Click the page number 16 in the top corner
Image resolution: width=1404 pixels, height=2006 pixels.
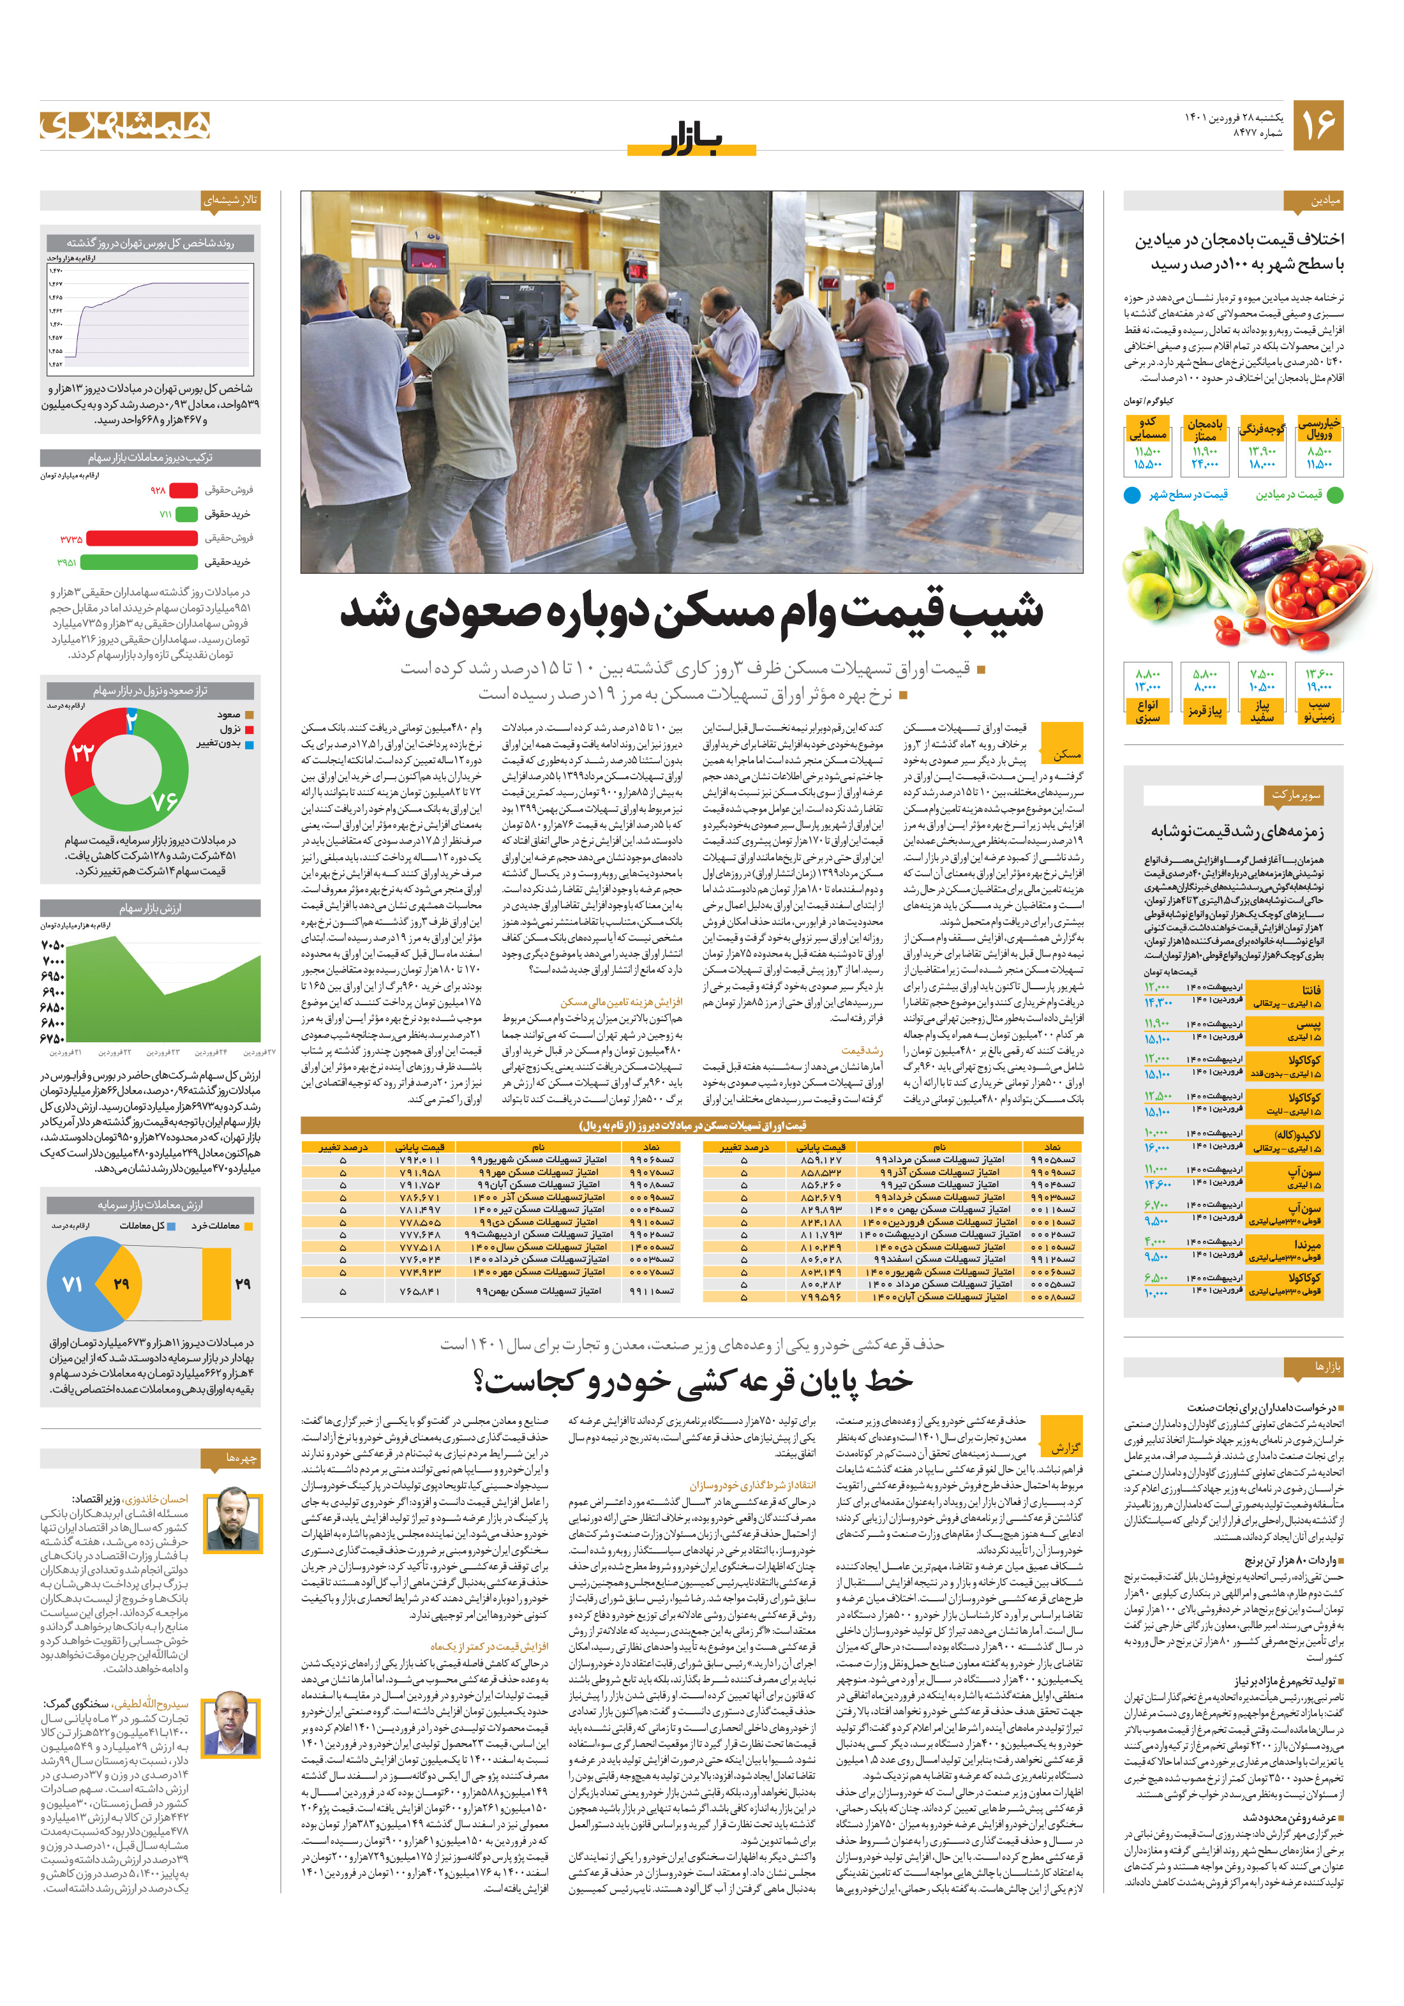point(1317,125)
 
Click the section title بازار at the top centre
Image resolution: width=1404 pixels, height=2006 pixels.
point(691,140)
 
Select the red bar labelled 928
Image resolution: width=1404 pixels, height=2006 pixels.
point(183,490)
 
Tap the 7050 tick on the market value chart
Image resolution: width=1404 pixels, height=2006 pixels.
point(52,945)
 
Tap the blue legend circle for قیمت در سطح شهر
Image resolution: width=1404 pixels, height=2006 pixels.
point(1131,495)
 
